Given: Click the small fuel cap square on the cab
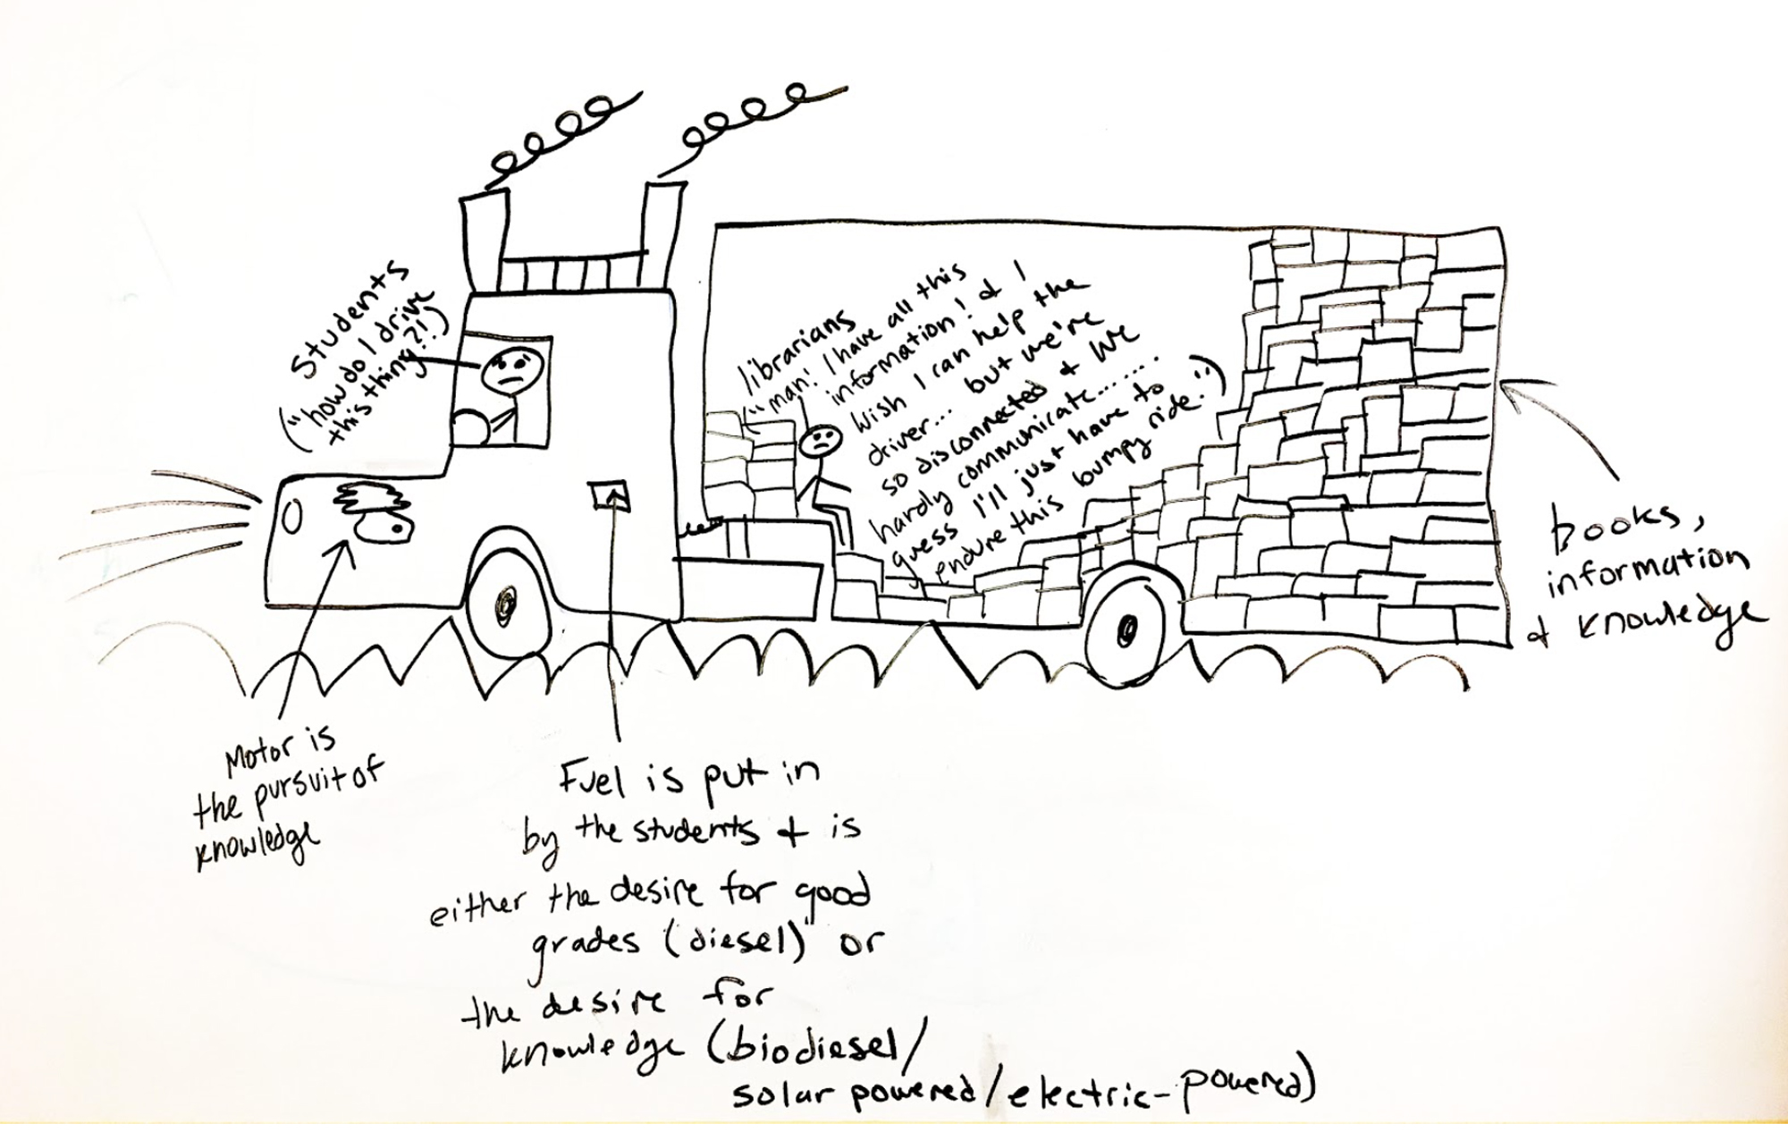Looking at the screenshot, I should pos(609,494).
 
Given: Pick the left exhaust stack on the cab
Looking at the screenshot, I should pos(484,234).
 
